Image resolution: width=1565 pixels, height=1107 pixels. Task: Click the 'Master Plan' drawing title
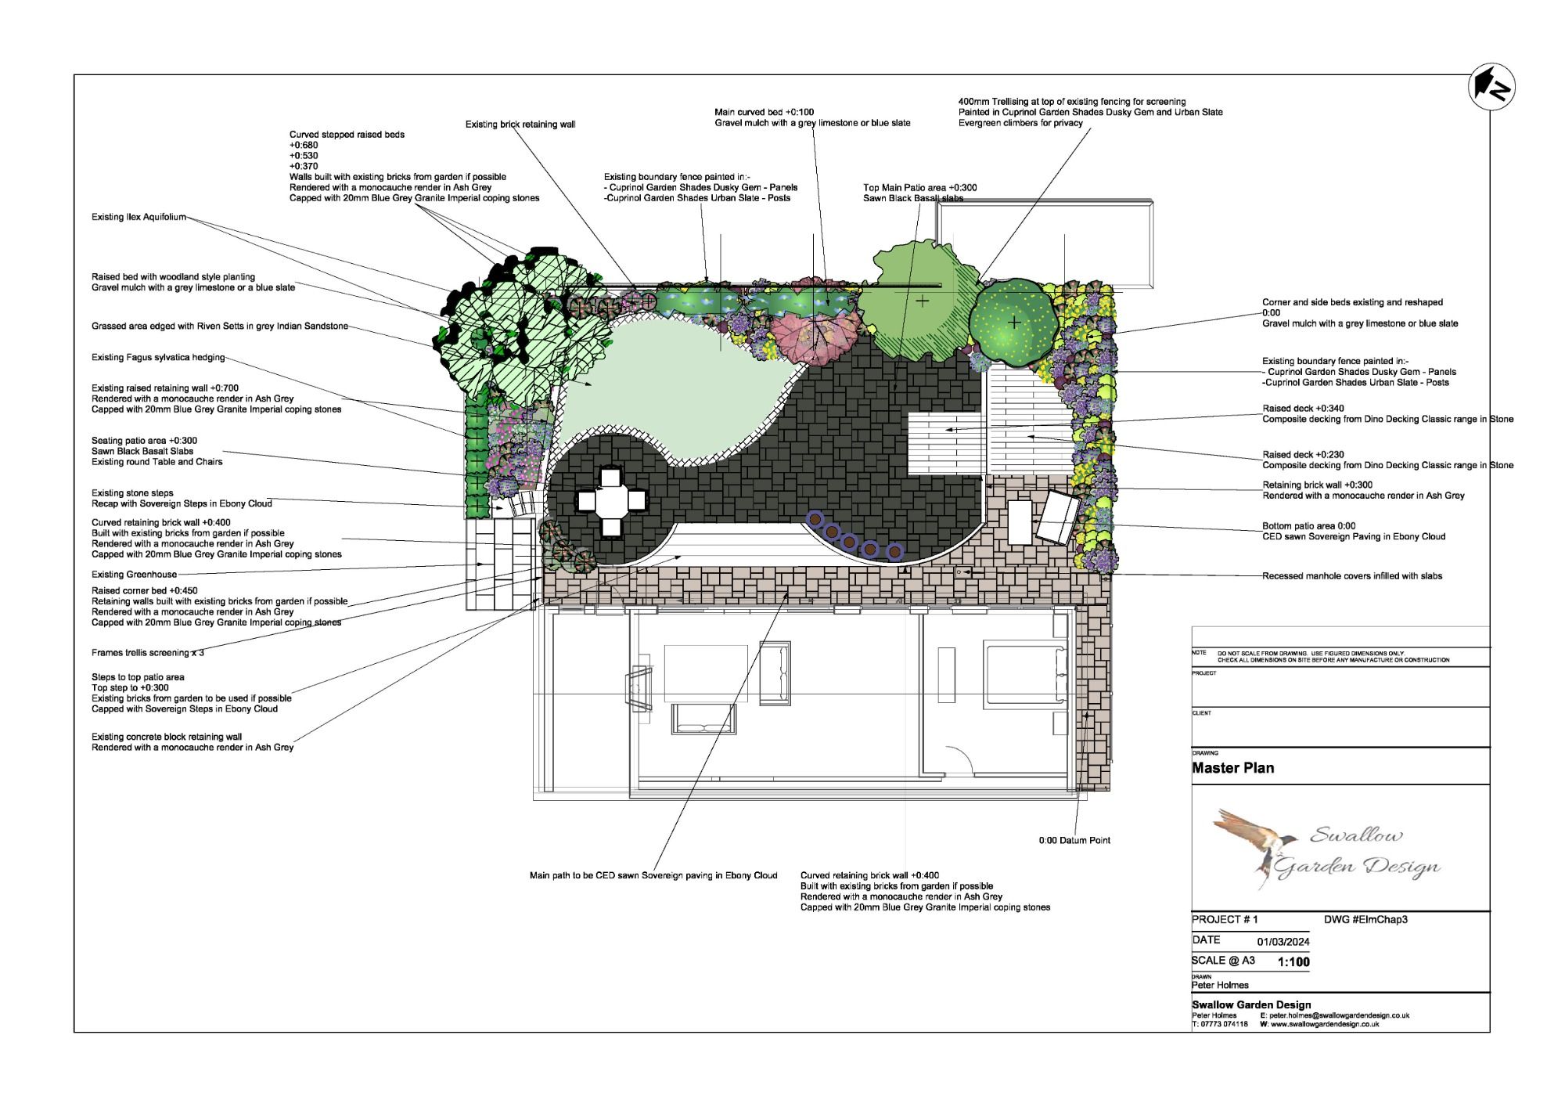pos(1232,768)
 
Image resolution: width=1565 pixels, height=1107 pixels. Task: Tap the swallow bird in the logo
pos(1259,846)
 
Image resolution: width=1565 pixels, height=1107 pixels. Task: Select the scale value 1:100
pos(1293,962)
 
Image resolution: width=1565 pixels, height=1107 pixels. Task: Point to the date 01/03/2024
pos(1283,942)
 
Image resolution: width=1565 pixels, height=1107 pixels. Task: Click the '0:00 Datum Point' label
pos(1074,841)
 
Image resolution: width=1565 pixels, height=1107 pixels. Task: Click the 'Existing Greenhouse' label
pos(134,575)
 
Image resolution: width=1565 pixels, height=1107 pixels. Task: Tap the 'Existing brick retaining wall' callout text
pos(520,124)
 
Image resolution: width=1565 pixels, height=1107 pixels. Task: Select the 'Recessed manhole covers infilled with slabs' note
pos(1352,576)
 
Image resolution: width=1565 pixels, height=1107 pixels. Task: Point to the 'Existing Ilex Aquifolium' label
pos(139,217)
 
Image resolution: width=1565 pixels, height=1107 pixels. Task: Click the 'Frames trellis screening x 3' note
pos(148,653)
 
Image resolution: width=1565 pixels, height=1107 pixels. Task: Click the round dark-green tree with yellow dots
pos(1013,321)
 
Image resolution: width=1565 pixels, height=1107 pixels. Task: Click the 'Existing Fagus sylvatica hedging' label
pos(158,358)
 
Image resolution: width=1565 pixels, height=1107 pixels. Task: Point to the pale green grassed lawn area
pos(665,384)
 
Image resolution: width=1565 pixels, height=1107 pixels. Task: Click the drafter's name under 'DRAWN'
pos(1220,985)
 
